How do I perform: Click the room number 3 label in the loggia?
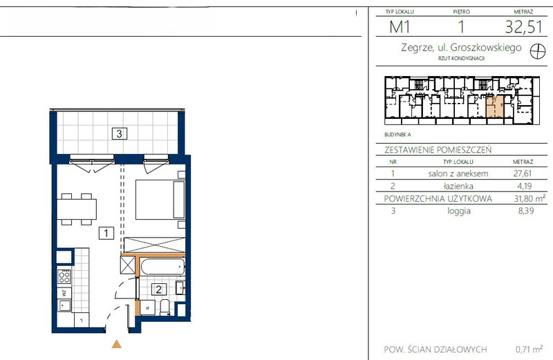click(119, 133)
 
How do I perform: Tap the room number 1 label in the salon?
click(106, 233)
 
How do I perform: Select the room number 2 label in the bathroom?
click(159, 290)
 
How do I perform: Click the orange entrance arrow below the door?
click(117, 344)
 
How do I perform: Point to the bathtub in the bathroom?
click(162, 267)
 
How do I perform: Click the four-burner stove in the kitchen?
click(64, 277)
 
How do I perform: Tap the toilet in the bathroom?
click(165, 307)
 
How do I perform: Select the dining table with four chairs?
click(77, 209)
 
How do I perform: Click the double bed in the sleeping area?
click(160, 200)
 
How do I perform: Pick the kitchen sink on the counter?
click(64, 305)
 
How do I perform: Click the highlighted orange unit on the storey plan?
click(495, 107)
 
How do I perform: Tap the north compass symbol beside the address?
click(538, 52)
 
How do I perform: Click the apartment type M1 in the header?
click(400, 27)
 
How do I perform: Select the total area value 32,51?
click(523, 27)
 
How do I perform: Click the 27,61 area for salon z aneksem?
click(523, 173)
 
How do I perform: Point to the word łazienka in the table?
click(458, 186)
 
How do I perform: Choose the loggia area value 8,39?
click(526, 211)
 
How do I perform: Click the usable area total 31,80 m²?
click(529, 198)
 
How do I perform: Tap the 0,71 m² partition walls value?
click(529, 349)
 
